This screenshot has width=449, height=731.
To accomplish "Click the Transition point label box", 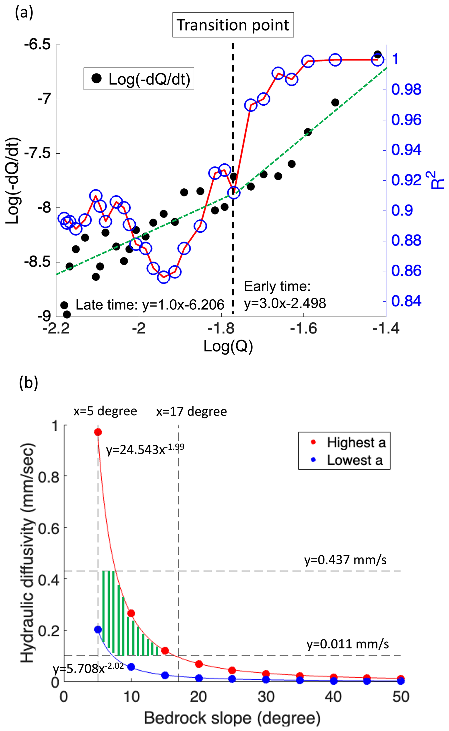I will pyautogui.click(x=233, y=25).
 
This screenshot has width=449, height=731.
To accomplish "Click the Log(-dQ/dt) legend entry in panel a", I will pyautogui.click(x=139, y=79).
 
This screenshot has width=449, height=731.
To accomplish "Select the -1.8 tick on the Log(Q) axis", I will pyautogui.click(x=221, y=329).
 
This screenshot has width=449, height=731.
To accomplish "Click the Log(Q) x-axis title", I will pyautogui.click(x=228, y=346).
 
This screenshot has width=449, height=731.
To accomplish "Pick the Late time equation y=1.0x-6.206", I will pyautogui.click(x=150, y=305).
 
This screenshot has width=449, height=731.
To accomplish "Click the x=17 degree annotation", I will pyautogui.click(x=192, y=411).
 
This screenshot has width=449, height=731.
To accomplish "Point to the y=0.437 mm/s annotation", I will pyautogui.click(x=345, y=560).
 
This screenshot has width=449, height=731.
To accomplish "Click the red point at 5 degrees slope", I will pyautogui.click(x=98, y=432).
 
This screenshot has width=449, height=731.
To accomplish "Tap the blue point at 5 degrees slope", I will pyautogui.click(x=98, y=630).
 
